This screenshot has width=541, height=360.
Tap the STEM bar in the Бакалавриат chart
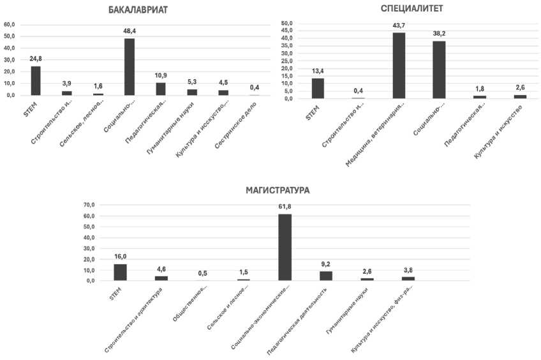[36, 80]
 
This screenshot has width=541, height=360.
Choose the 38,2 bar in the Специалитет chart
[439, 70]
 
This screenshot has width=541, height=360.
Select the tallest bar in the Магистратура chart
[285, 247]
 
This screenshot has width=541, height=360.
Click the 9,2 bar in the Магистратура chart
[325, 276]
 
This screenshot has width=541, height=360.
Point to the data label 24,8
[36, 59]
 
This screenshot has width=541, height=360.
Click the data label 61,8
[285, 207]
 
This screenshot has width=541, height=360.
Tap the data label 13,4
[318, 71]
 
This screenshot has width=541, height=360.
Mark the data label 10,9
[161, 75]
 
